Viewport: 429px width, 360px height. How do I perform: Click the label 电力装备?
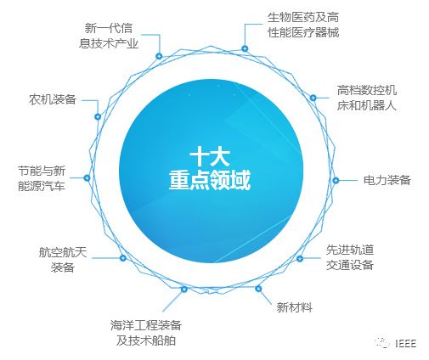coord(387,180)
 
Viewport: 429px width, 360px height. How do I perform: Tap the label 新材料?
coord(295,307)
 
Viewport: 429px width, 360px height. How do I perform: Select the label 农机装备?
coord(53,99)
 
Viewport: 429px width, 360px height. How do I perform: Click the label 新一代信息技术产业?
coord(109,36)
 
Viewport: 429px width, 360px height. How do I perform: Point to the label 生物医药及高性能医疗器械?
coord(303,25)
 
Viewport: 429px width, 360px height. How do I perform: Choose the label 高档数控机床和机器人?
coord(367,98)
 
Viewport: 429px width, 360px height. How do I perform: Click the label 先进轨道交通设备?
coord(350,257)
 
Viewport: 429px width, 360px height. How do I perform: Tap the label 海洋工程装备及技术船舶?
coord(146,333)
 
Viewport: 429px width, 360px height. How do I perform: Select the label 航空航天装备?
coord(63,260)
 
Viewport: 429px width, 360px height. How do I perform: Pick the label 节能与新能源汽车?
coord(42,178)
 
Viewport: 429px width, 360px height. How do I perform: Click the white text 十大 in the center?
coord(210,158)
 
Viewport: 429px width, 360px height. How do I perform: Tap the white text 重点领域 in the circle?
coord(210,180)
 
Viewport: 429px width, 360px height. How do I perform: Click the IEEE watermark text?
coord(405,343)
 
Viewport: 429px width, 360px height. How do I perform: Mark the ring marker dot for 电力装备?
coord(336,180)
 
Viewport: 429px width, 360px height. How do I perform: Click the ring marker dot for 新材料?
coord(258,289)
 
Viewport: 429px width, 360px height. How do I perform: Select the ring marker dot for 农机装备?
coord(98,116)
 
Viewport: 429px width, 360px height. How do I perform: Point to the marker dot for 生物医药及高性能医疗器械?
coord(245,48)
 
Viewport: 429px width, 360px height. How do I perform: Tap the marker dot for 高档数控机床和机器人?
coord(313,98)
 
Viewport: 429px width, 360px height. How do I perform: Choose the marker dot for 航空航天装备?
coord(122,258)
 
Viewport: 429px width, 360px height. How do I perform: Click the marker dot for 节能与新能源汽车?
coord(87,177)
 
